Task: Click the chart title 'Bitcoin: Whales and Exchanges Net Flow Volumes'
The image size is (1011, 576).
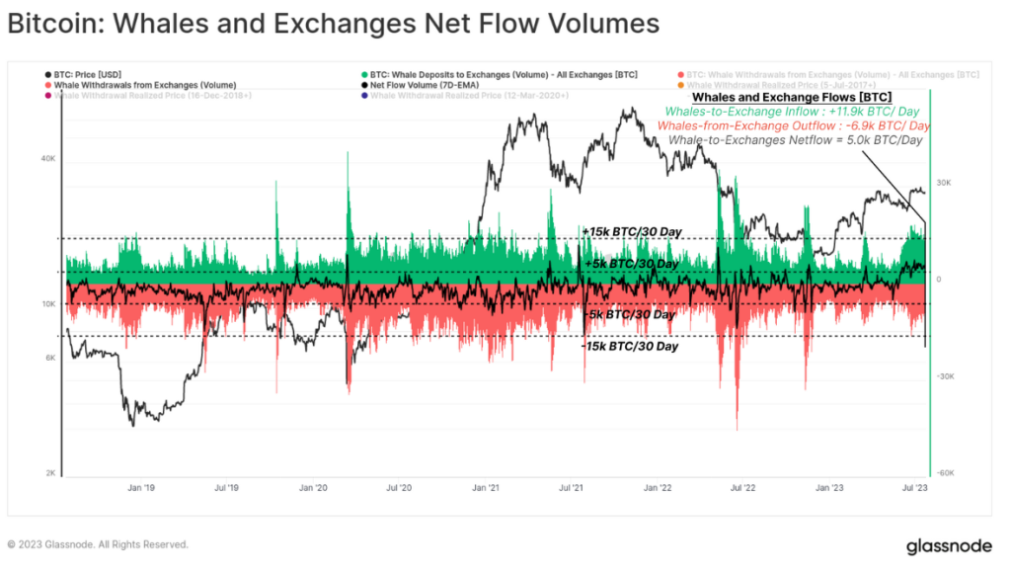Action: (334, 23)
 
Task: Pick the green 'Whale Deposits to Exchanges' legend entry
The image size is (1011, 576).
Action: (504, 74)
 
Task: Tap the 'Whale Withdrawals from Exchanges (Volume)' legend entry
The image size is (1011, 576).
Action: (144, 85)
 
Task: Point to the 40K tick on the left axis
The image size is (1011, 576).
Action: (47, 158)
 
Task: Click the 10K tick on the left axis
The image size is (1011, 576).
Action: (47, 304)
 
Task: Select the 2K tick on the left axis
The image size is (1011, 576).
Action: (49, 473)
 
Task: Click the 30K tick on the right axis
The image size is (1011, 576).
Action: (944, 183)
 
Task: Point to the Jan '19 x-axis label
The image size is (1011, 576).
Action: (141, 487)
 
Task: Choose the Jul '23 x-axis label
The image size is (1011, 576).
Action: (914, 487)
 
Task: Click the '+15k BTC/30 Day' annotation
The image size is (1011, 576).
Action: (632, 231)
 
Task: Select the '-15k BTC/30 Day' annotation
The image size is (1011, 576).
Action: (630, 347)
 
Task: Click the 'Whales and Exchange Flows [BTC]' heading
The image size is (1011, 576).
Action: (792, 97)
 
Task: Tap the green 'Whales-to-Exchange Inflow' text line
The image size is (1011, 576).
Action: (793, 112)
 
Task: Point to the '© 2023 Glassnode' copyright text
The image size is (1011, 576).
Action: (98, 544)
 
